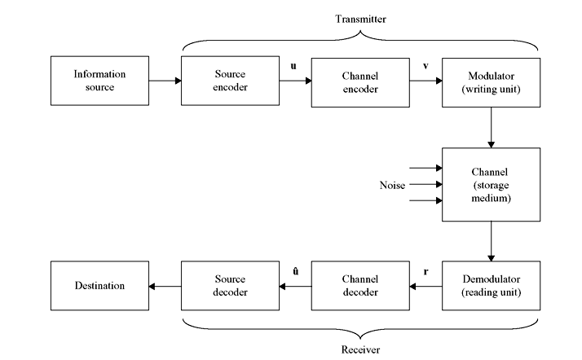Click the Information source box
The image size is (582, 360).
99,81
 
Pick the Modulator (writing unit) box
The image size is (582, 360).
491,81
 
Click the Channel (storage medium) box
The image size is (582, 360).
491,185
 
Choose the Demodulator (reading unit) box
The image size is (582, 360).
491,286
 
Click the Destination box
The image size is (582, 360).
99,286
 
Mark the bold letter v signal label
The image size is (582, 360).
424,64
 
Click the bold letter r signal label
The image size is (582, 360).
425,270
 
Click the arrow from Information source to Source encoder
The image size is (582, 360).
165,81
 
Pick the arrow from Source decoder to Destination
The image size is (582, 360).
165,286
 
